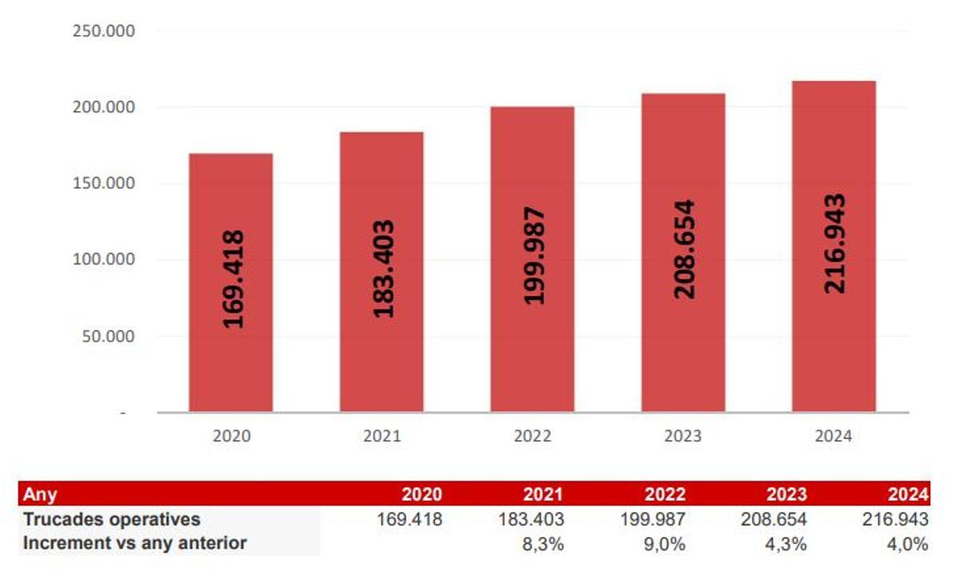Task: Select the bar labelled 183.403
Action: pos(382,271)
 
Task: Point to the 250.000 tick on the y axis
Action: pos(104,31)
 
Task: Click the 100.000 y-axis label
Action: pos(104,259)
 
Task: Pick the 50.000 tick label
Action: pos(108,336)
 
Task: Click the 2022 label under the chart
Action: pos(532,437)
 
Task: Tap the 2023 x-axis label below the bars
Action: pos(683,437)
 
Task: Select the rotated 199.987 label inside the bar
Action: pos(533,255)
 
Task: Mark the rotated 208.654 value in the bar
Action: pos(684,249)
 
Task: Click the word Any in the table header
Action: pos(40,494)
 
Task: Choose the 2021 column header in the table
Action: pos(542,494)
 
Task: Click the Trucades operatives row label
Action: pos(112,519)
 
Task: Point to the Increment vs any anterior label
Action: pos(135,543)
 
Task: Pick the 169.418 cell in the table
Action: pos(410,520)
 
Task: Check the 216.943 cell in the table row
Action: pos(895,520)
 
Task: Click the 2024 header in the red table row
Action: pos(909,494)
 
